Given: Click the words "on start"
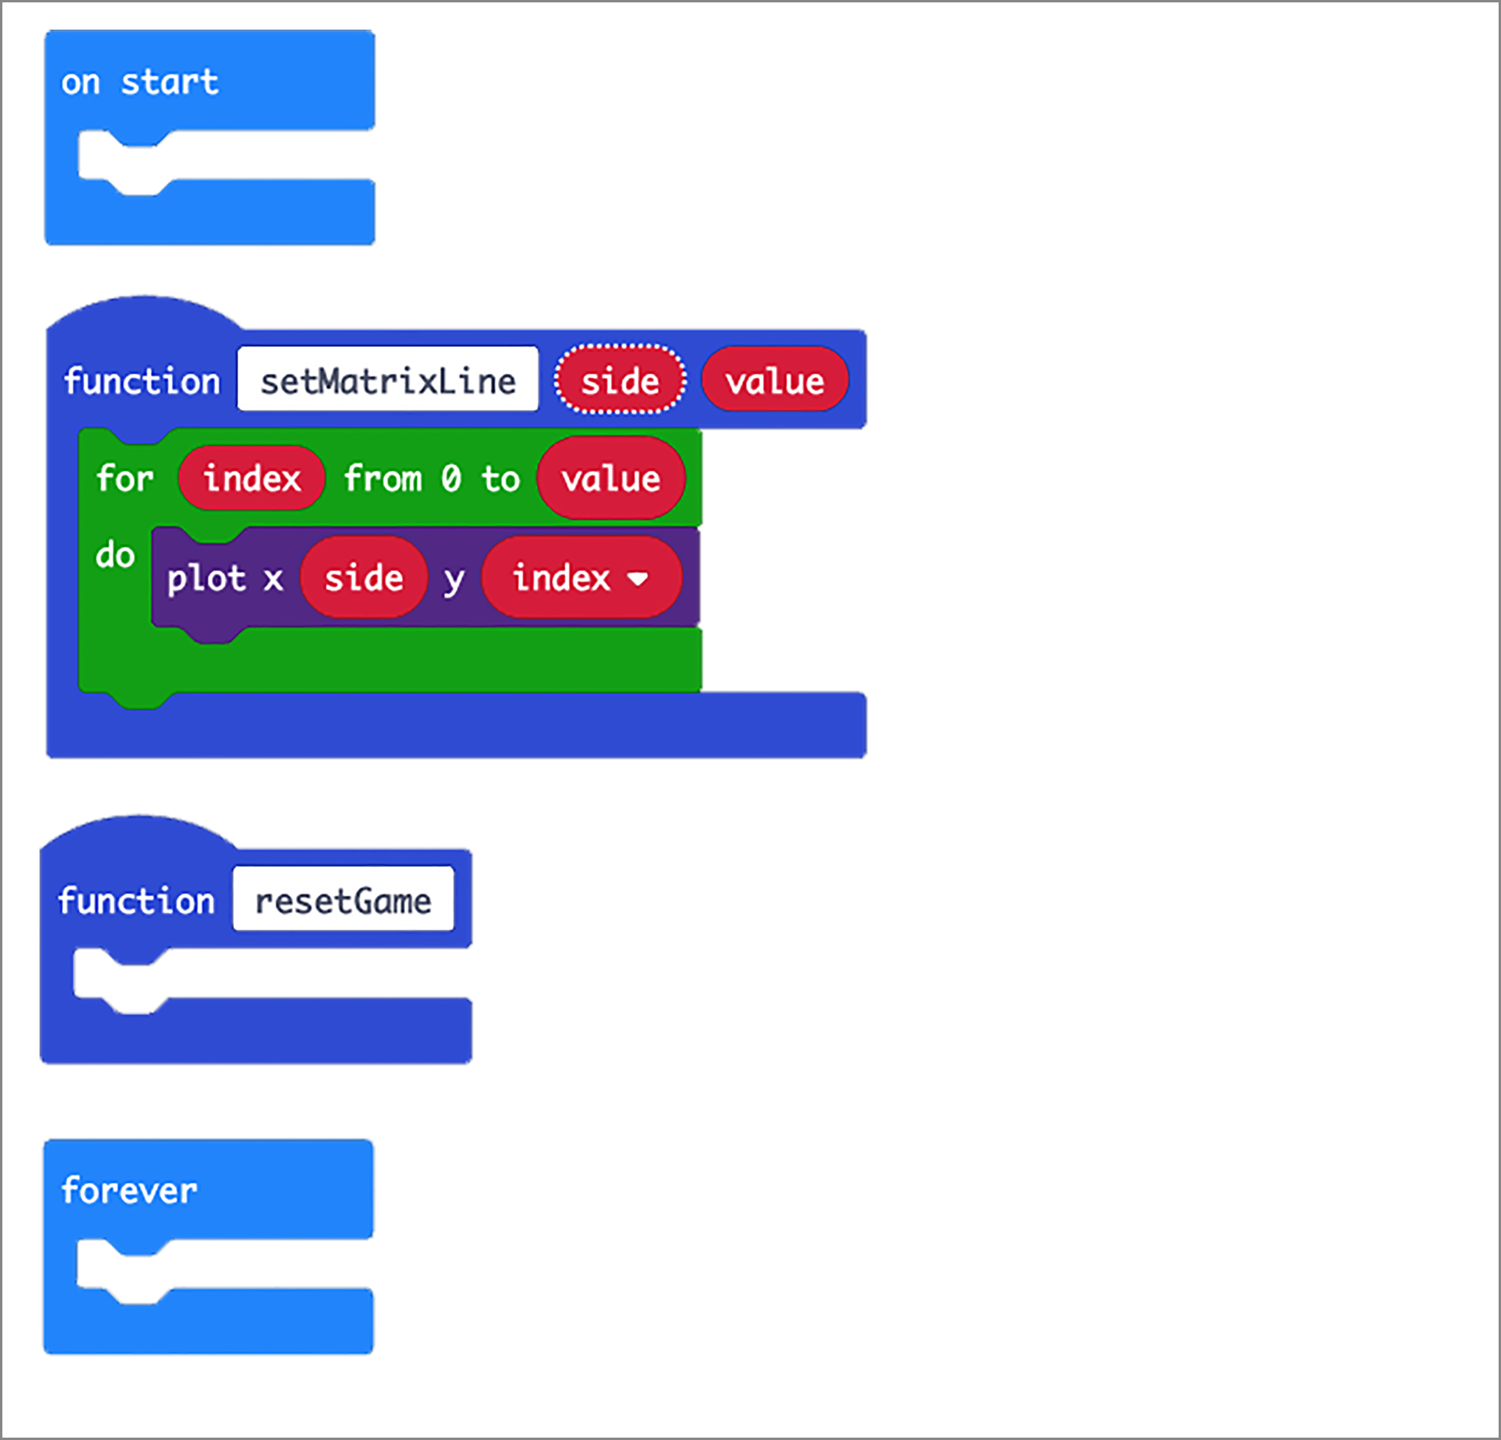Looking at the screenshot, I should click(x=140, y=82).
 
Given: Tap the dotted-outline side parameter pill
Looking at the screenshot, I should click(x=619, y=381).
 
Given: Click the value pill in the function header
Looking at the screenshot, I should click(x=775, y=381).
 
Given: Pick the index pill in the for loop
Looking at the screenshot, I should click(x=252, y=479).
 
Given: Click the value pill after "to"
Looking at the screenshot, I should click(x=611, y=479).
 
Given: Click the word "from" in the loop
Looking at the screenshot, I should click(x=383, y=479).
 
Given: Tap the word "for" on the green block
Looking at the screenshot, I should click(x=125, y=479).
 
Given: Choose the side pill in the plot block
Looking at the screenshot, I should click(x=364, y=578).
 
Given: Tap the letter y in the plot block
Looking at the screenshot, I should click(x=454, y=580).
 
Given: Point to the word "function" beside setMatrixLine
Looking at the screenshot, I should click(x=142, y=381).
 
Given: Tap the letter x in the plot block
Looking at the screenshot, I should click(x=274, y=580).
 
